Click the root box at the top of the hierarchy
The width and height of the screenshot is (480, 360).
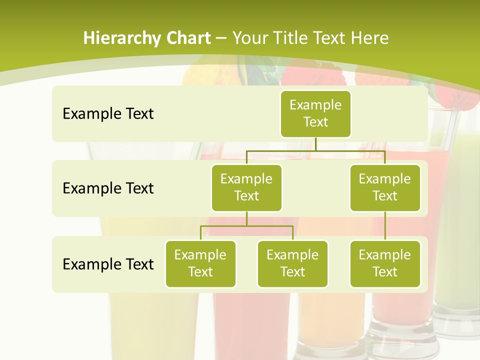click(315, 114)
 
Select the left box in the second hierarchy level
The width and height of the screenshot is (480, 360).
click(246, 188)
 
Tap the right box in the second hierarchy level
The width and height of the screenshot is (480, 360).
click(385, 188)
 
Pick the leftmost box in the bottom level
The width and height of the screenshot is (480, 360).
click(200, 264)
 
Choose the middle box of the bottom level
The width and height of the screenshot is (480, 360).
click(292, 264)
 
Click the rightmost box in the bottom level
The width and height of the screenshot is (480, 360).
click(385, 264)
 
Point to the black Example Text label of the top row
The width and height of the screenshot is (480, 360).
click(108, 114)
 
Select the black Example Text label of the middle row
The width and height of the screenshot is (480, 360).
click(108, 188)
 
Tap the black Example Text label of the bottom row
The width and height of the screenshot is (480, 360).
click(108, 264)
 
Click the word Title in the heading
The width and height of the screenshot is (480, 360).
click(290, 38)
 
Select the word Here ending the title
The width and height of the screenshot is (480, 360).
click(370, 38)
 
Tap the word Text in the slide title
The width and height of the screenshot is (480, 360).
click(330, 38)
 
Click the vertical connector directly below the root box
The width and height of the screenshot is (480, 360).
click(315, 144)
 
